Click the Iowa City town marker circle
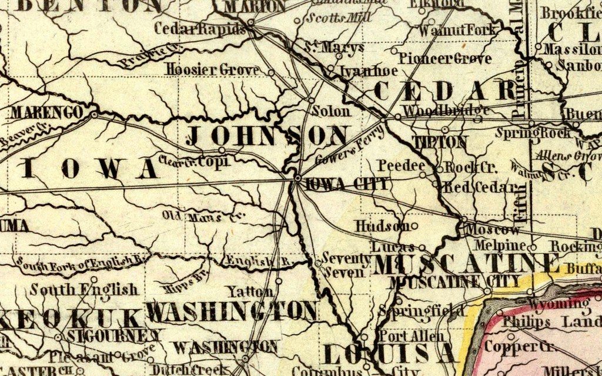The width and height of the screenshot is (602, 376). coord(298,177)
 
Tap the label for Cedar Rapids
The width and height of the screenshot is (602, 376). coord(200,29)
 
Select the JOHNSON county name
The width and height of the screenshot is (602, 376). coord(267,136)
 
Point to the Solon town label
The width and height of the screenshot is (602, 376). coord(330,111)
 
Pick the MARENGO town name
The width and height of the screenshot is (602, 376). coord(46,112)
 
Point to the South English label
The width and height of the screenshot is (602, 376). coord(85,290)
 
